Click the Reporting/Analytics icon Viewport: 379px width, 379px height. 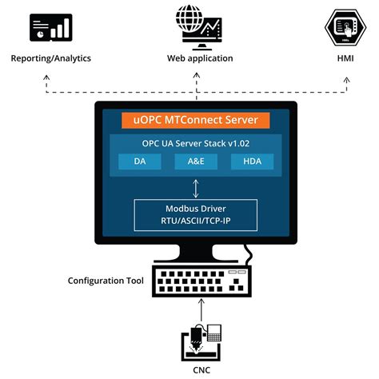point(51,29)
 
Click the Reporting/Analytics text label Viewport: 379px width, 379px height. point(51,58)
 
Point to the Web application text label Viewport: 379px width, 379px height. point(200,58)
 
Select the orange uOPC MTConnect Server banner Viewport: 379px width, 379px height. point(196,121)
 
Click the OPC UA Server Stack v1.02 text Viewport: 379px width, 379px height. point(196,144)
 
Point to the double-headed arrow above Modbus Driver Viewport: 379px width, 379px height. point(196,187)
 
